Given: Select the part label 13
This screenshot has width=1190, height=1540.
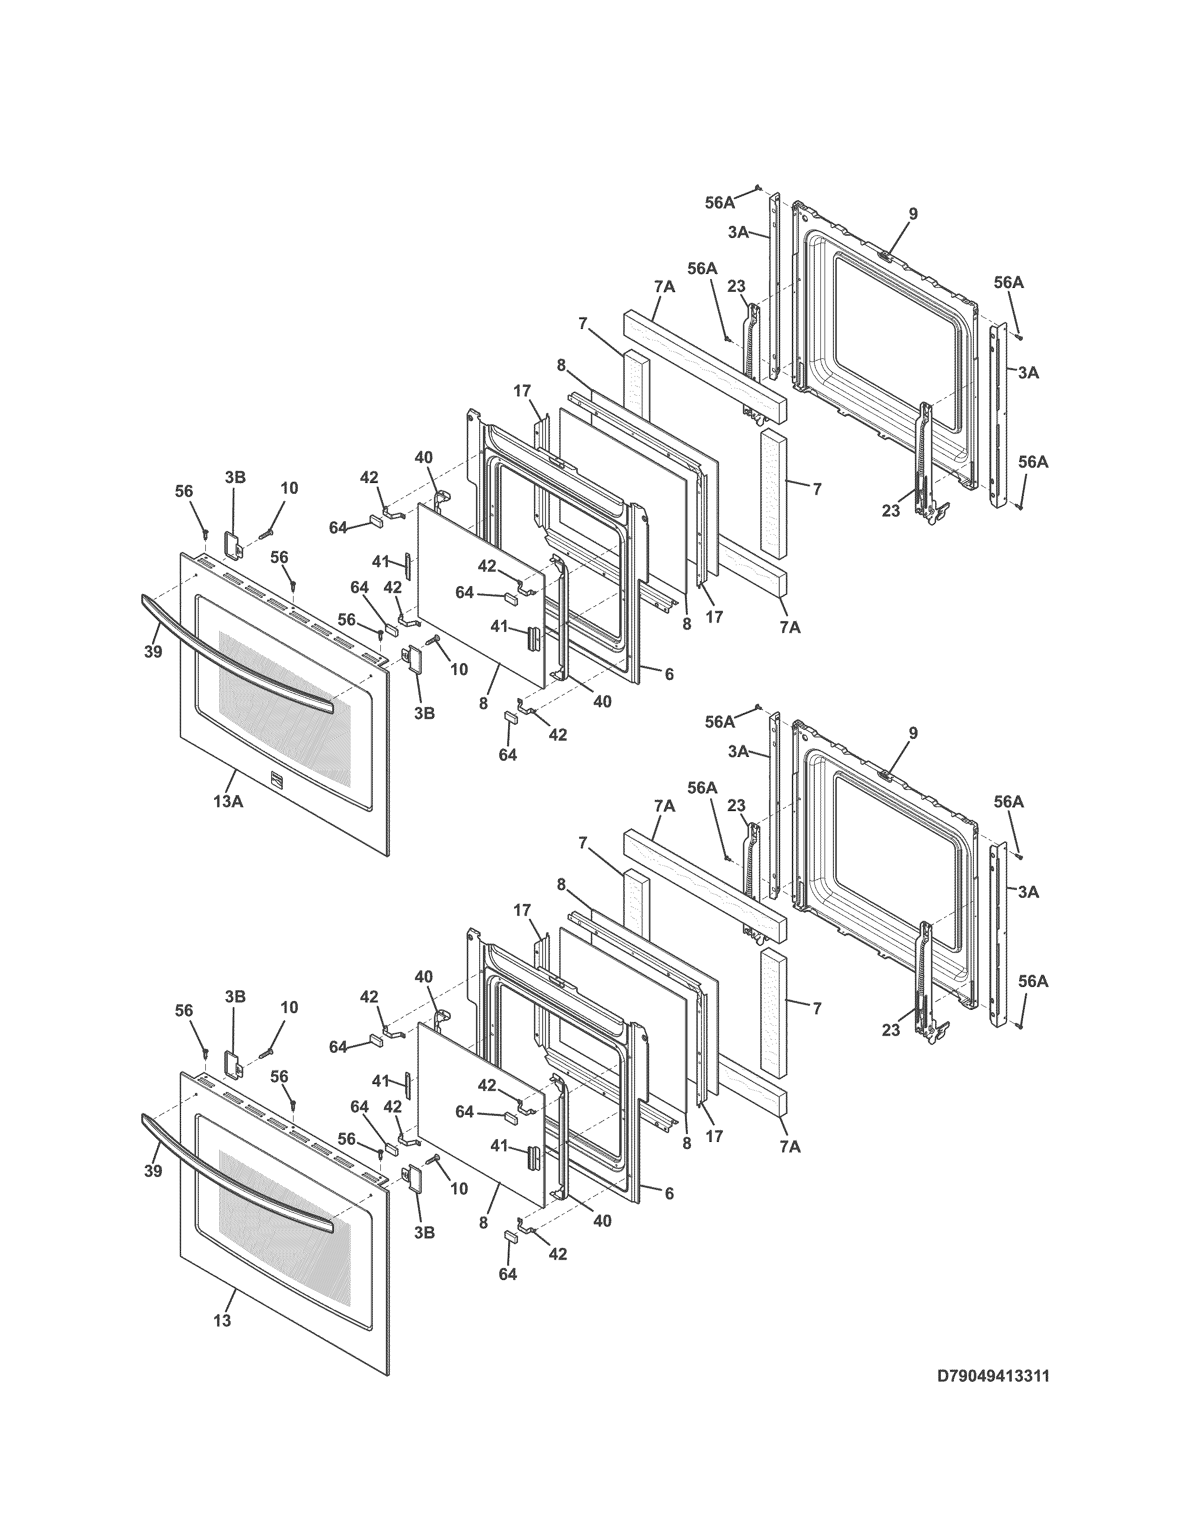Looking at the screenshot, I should point(222,1321).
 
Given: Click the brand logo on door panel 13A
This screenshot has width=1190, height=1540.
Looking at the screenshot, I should point(276,778).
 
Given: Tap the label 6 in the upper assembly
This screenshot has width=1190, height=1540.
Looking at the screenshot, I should point(668,674).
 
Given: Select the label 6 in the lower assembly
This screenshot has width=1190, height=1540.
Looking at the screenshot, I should point(668,1193).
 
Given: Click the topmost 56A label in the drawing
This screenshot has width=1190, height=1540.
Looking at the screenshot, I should point(720,203).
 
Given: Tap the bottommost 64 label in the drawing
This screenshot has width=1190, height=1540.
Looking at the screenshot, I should point(508,1274).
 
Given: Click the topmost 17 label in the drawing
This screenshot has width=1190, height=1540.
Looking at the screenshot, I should point(522,391).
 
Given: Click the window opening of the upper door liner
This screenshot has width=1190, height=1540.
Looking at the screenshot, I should point(896,338).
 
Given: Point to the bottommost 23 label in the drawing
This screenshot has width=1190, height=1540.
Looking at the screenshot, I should point(891,1030).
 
